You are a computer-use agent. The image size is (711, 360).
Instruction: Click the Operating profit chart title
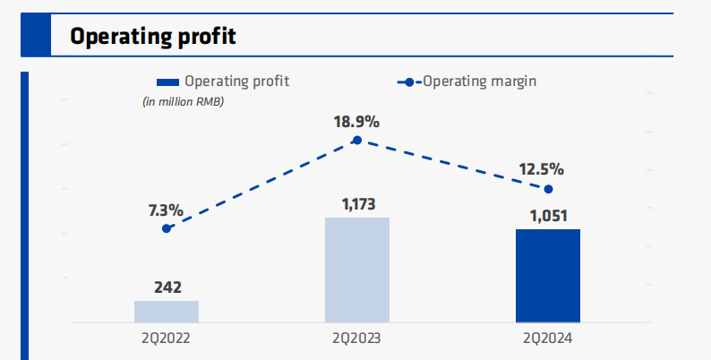153,37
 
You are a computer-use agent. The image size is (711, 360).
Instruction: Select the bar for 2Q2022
167,311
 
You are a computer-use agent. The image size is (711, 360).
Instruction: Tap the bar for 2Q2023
357,270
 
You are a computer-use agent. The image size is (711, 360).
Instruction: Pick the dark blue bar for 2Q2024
548,276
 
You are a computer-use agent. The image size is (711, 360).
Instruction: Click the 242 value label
167,287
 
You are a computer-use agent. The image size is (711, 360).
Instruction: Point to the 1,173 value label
357,205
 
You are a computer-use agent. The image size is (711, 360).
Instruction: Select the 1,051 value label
548,217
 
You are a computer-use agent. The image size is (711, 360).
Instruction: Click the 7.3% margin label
166,211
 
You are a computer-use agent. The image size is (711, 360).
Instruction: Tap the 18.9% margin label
357,122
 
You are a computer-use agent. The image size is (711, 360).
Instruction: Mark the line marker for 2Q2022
167,228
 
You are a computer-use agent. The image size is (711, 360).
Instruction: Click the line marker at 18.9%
357,140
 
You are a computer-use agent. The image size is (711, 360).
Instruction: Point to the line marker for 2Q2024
548,189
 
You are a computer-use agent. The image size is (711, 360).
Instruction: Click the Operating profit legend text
236,81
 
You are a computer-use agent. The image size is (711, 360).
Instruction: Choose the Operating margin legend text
479,81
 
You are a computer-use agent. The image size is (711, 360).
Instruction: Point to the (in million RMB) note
184,101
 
